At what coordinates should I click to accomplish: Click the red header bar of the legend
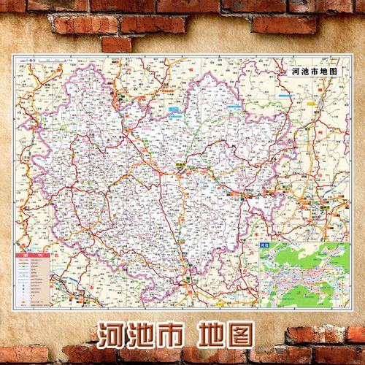[x=31, y=253]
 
